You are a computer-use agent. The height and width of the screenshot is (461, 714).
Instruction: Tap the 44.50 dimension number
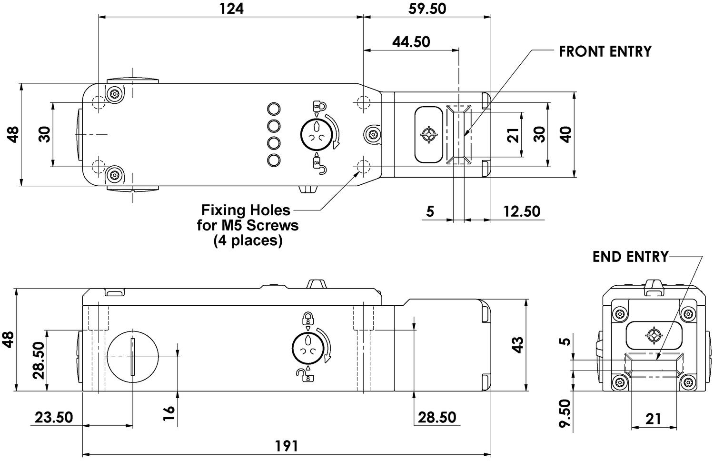coord(411,42)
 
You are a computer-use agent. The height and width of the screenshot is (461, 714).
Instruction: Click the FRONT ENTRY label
coord(605,51)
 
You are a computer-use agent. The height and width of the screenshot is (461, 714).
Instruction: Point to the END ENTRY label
coord(630,257)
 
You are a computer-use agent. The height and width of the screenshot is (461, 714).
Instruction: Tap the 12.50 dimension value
coord(522,211)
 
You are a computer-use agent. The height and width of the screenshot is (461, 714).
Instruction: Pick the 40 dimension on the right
coord(565,135)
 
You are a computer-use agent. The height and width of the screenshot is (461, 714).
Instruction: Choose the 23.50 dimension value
coord(54,417)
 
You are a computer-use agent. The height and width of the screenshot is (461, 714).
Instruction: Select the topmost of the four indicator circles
coord(274,109)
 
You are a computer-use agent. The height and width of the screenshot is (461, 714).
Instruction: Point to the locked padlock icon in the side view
coord(308,318)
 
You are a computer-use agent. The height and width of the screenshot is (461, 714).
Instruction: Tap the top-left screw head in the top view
coord(113,94)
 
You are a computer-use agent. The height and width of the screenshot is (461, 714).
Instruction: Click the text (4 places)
coord(248,241)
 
